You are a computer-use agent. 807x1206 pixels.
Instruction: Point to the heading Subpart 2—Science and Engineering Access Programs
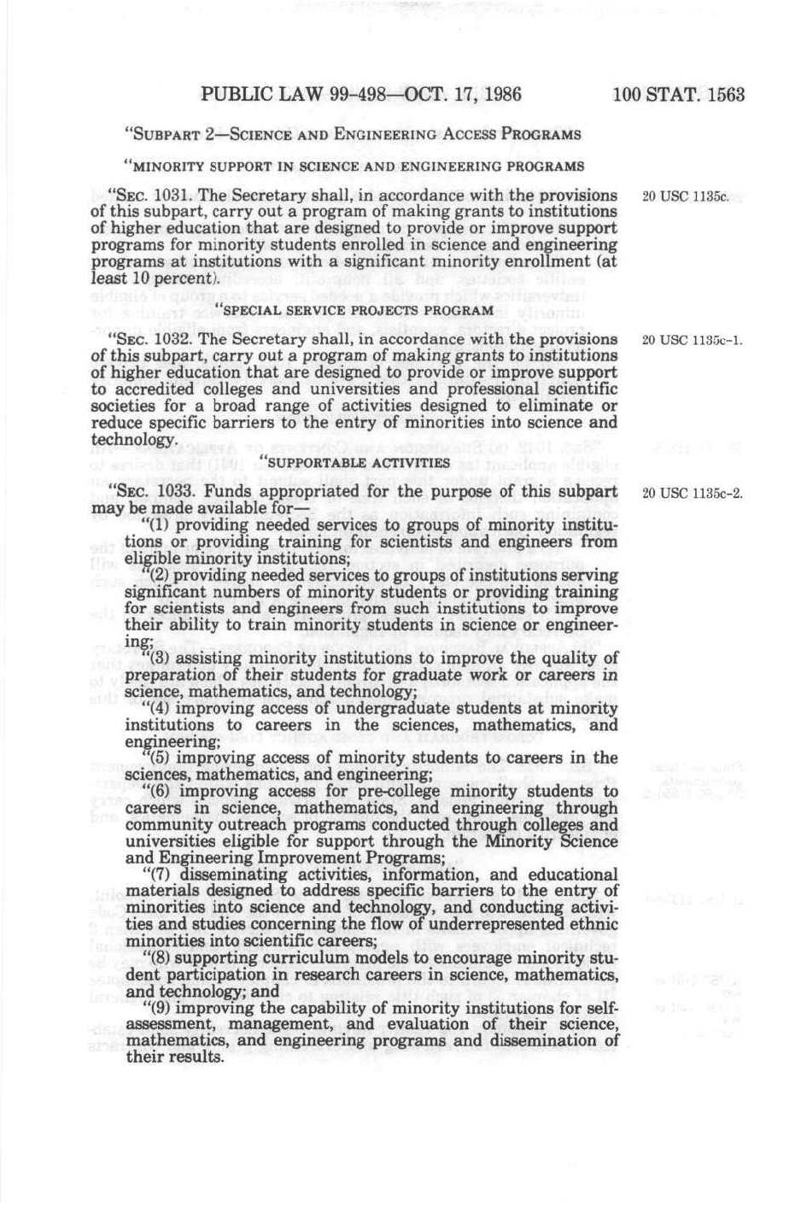[x=353, y=134]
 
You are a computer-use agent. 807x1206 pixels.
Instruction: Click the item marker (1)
[x=162, y=525]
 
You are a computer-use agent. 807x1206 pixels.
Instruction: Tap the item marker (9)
[x=162, y=1008]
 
